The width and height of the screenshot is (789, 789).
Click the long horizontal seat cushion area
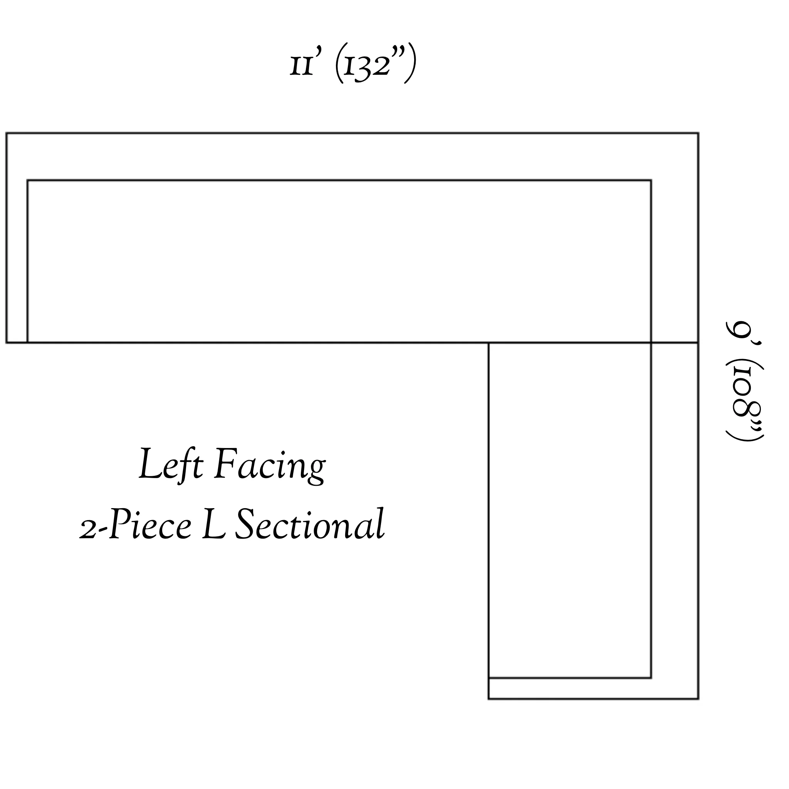(339, 261)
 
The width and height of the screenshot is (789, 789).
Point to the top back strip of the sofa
(352, 156)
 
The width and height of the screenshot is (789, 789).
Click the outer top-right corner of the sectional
(698, 133)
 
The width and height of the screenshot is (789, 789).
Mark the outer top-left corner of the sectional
(7, 133)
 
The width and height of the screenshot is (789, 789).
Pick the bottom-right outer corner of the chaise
(698, 699)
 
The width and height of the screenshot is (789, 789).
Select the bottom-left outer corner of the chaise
(489, 699)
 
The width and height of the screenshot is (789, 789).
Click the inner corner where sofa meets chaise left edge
(489, 342)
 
